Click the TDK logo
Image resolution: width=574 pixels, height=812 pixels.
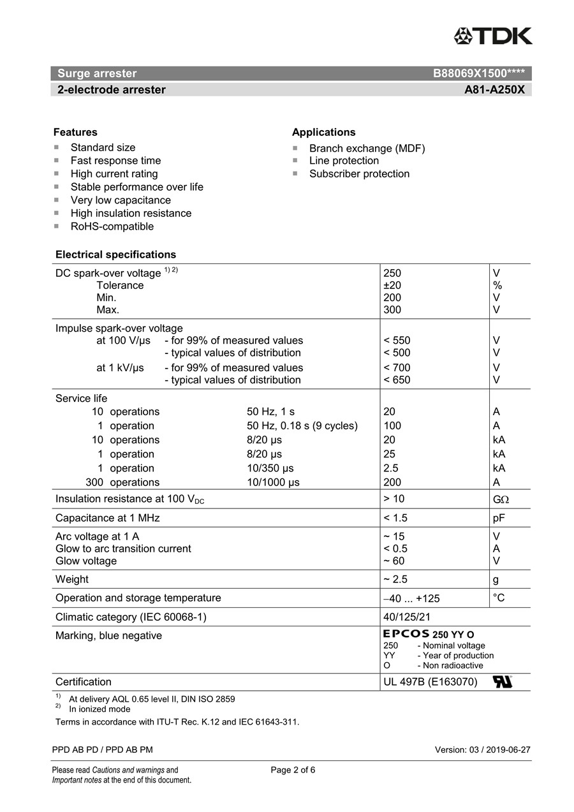tap(493, 36)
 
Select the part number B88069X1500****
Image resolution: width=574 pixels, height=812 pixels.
tap(478, 73)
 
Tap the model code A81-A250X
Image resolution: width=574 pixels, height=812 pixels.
tap(494, 90)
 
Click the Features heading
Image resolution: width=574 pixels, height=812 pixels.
tap(75, 132)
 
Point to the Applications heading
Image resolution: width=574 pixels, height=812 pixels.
tap(323, 132)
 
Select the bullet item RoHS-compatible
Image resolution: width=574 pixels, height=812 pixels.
tap(112, 226)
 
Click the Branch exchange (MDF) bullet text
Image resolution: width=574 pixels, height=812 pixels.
tap(367, 149)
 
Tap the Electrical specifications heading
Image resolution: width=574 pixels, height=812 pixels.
tap(115, 255)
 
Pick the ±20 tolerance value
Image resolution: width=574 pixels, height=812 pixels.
tap(392, 285)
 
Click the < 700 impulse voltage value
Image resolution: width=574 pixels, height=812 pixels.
tap(397, 367)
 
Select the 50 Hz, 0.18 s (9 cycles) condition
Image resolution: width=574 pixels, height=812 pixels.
tap(302, 425)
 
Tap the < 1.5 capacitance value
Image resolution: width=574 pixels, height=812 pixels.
tap(395, 518)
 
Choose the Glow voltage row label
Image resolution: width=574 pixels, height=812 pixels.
tap(86, 561)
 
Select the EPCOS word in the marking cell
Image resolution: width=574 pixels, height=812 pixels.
tap(406, 634)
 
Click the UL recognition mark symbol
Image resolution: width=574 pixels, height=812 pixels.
tap(502, 682)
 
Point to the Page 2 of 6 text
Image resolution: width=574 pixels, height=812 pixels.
tap(293, 770)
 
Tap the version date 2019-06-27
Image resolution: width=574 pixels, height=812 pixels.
tap(508, 749)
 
